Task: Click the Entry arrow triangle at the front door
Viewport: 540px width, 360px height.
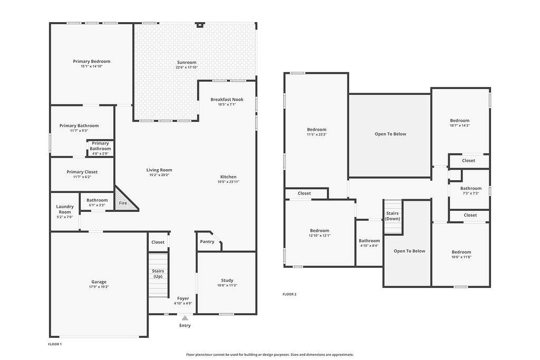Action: [x=185, y=318]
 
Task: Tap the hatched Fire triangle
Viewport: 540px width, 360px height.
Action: [x=123, y=200]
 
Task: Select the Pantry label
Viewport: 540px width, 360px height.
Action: [x=207, y=241]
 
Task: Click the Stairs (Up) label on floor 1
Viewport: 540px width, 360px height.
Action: [x=158, y=274]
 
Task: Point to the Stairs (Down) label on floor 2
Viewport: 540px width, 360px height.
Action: [x=392, y=216]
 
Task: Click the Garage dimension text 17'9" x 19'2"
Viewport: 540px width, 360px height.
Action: [x=99, y=287]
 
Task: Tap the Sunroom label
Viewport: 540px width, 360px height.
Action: [x=187, y=62]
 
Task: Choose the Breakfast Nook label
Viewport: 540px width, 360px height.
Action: [x=227, y=100]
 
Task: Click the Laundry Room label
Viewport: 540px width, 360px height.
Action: [x=65, y=209]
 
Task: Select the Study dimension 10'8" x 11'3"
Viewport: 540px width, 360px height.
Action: [x=227, y=285]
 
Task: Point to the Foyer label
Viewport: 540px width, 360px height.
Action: [x=183, y=298]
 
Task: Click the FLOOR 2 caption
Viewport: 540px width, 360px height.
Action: [x=290, y=294]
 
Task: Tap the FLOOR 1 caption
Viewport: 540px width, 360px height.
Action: [x=54, y=344]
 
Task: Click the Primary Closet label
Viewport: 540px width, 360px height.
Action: [x=82, y=172]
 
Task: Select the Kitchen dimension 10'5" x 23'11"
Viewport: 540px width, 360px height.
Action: [x=228, y=182]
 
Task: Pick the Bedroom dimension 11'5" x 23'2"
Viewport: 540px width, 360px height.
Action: [x=316, y=134]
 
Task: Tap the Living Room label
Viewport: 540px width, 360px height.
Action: [x=159, y=170]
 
